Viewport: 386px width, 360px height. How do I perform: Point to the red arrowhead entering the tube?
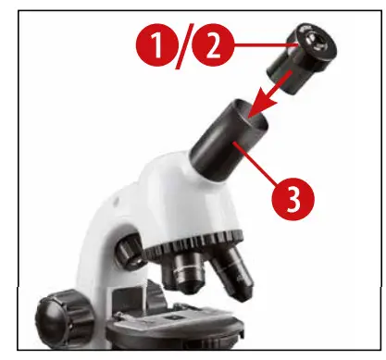point(255,109)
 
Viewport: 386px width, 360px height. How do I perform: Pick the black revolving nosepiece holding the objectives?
point(199,247)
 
